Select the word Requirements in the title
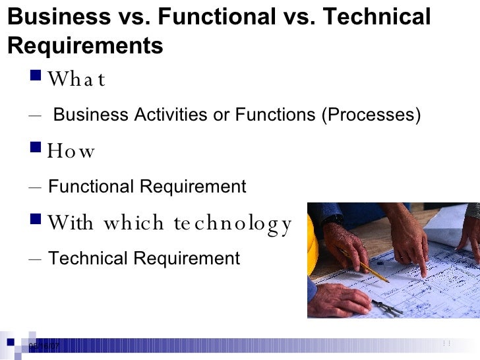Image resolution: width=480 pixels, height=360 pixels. (86, 46)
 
